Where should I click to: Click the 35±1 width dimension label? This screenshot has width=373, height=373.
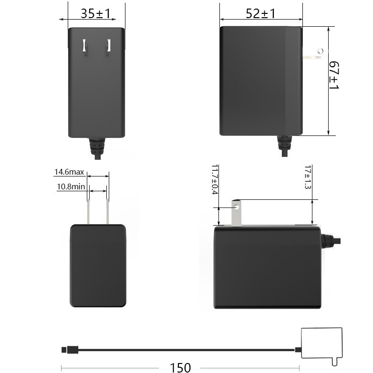click(95, 14)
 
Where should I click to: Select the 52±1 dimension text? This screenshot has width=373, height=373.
click(260, 14)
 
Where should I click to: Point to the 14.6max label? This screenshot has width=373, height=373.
click(69, 172)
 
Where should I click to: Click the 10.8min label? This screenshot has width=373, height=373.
click(71, 186)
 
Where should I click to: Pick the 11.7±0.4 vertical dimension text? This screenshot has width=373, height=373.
click(214, 180)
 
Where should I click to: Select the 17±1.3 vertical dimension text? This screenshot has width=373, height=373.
click(307, 177)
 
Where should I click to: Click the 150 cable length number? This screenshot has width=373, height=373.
click(180, 367)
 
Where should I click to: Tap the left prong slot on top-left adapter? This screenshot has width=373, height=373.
click(85, 46)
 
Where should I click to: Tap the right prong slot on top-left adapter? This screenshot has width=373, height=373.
click(108, 46)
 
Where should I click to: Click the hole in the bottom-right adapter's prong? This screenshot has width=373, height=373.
click(236, 207)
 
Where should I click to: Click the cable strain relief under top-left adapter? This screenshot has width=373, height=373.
click(97, 145)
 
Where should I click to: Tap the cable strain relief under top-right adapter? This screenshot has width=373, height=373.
click(285, 144)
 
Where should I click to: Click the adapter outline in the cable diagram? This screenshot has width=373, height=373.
click(322, 342)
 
